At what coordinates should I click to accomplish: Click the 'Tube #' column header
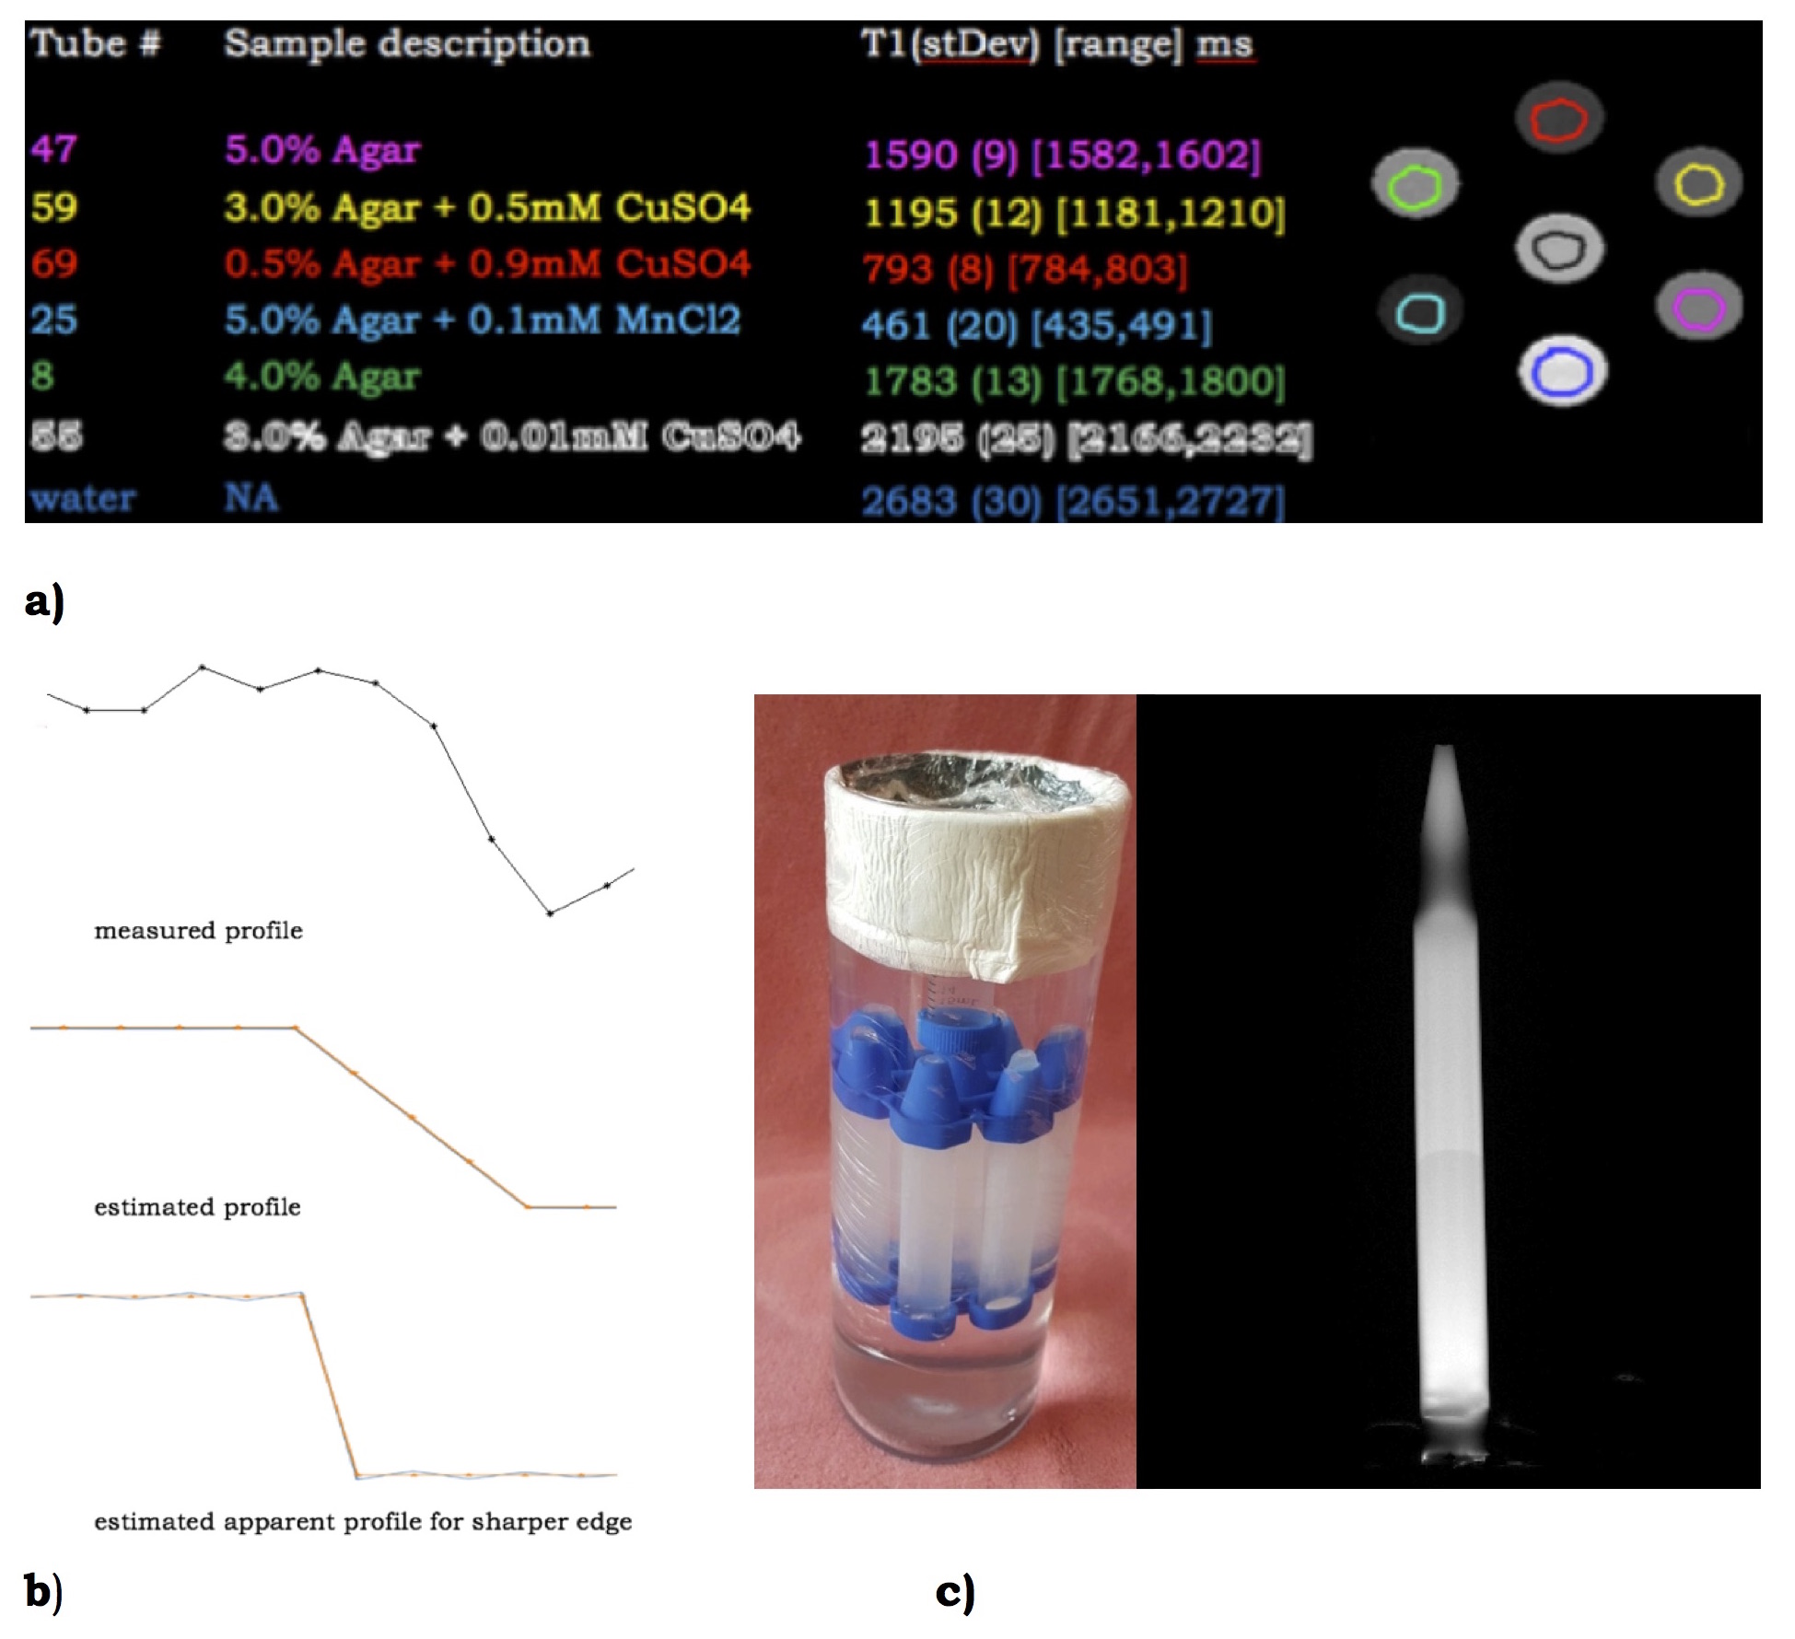point(96,44)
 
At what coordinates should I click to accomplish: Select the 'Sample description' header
point(406,44)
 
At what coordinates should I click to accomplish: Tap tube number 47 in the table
point(53,149)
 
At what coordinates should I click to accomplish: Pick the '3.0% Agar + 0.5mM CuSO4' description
point(486,208)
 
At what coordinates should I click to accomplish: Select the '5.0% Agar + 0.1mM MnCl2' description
point(482,320)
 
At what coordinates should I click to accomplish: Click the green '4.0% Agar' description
point(321,377)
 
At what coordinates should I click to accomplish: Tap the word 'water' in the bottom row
point(82,498)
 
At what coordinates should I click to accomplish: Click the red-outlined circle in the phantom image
point(1558,120)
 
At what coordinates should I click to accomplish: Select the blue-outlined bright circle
point(1562,372)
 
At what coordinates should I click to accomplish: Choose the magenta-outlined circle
point(1698,308)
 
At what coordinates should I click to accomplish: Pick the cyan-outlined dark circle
point(1419,311)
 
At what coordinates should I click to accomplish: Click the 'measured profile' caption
point(198,931)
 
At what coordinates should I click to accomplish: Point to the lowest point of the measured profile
point(550,913)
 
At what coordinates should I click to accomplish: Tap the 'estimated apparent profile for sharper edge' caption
point(363,1522)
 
